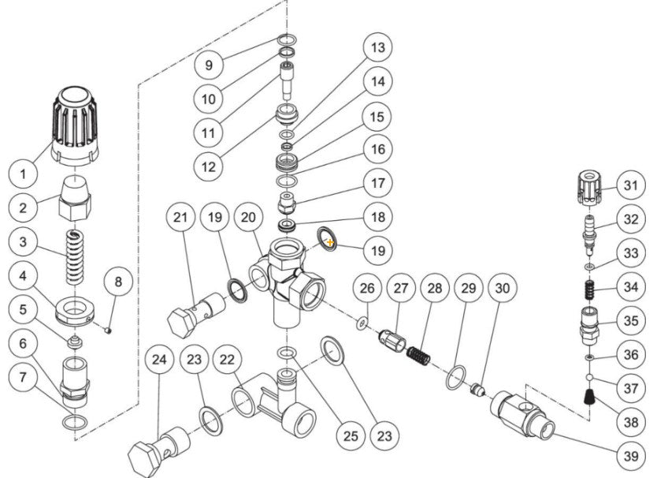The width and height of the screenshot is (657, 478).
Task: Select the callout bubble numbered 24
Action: tap(161, 362)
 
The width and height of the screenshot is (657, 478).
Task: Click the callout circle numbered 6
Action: tap(24, 344)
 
